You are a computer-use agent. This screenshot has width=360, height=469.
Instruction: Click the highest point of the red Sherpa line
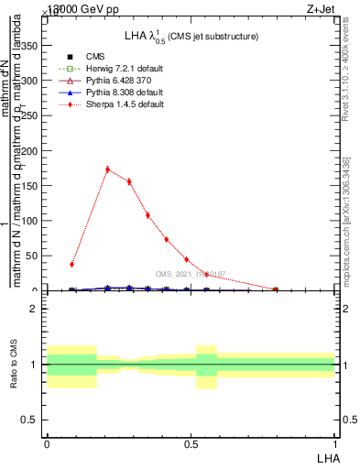108,169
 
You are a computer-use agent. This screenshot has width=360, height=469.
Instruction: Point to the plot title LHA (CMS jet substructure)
191,37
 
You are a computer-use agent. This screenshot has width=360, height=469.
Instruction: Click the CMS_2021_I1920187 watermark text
190,274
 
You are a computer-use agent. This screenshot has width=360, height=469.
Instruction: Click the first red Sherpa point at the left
71,264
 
